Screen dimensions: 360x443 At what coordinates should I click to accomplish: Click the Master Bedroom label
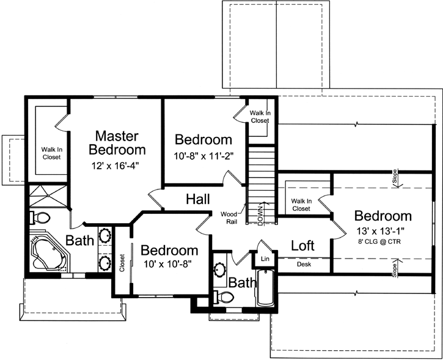[x=117, y=142]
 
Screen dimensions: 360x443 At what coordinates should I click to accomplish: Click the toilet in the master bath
[x=40, y=217]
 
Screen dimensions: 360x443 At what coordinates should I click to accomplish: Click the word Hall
[x=199, y=199]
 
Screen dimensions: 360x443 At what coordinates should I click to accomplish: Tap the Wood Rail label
[x=230, y=217]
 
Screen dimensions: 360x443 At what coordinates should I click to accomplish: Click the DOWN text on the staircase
[x=260, y=216]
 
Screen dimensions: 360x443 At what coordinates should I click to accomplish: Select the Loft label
[x=302, y=246]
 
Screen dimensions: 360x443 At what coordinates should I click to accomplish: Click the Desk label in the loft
[x=304, y=265]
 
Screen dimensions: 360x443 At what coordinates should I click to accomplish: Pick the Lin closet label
[x=265, y=259]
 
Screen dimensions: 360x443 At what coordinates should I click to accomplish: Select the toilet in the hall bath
[x=227, y=298]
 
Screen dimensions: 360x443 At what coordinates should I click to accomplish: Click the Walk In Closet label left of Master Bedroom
[x=51, y=153]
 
